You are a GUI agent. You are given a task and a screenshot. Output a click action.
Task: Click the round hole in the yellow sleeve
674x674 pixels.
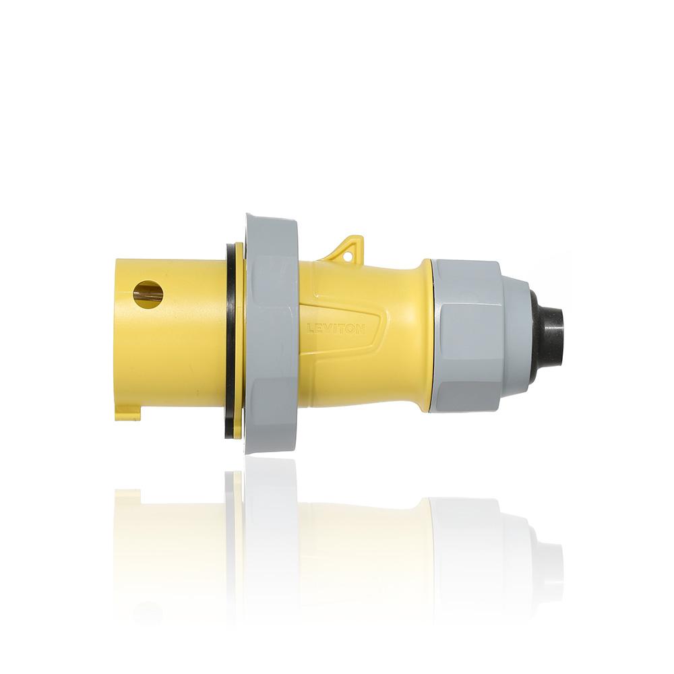tap(148, 295)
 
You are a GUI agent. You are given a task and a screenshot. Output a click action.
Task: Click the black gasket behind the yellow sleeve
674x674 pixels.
tap(231, 337)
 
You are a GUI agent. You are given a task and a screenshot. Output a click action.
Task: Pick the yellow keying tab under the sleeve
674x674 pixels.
tap(128, 412)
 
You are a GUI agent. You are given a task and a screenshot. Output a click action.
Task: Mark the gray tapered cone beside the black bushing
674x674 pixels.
tap(518, 334)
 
